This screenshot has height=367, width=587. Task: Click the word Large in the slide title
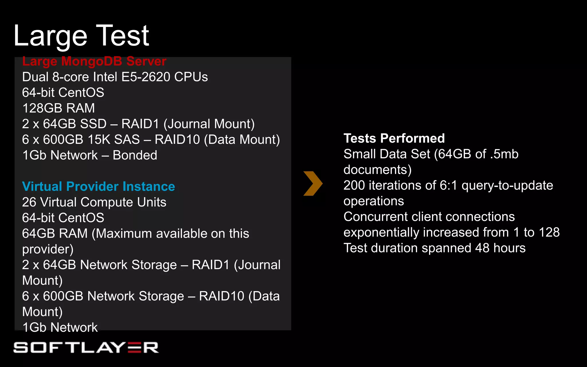click(50, 36)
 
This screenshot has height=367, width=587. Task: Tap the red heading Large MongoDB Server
click(94, 61)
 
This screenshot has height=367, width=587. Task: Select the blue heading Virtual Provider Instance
click(98, 186)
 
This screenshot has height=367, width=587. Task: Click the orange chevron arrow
click(313, 183)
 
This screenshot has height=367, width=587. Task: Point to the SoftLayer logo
click(86, 348)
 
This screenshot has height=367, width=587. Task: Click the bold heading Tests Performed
click(394, 138)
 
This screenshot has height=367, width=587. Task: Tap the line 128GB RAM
click(58, 108)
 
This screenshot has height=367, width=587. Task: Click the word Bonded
click(135, 155)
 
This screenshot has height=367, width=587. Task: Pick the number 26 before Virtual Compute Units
click(29, 202)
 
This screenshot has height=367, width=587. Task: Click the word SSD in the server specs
click(93, 124)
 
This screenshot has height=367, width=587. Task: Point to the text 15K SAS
click(114, 140)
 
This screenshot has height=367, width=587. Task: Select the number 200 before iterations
click(354, 186)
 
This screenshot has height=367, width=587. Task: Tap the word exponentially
click(381, 233)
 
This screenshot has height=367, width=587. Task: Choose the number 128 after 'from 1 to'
click(549, 233)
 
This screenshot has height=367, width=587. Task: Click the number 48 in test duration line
click(482, 248)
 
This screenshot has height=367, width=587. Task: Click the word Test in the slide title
click(122, 36)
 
